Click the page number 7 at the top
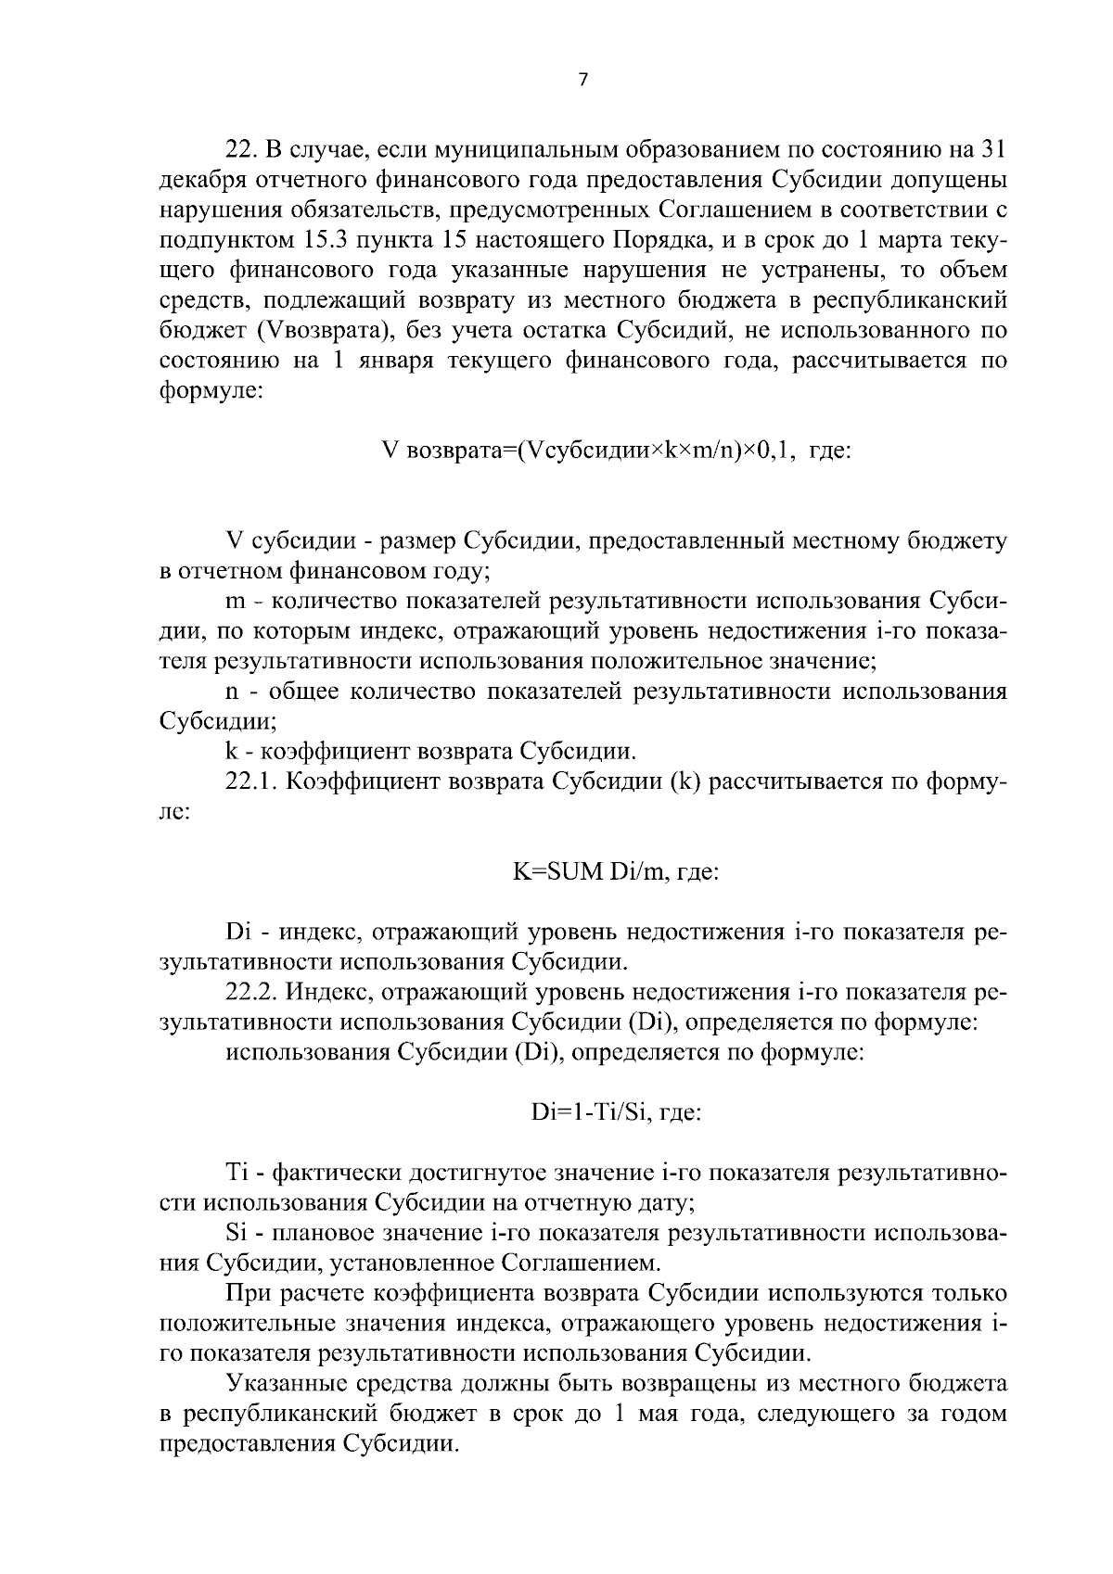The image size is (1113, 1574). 582,81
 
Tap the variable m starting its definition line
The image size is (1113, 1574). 236,603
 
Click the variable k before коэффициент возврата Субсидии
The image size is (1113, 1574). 232,752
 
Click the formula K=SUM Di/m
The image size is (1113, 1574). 585,872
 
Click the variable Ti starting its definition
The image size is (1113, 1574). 237,1173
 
